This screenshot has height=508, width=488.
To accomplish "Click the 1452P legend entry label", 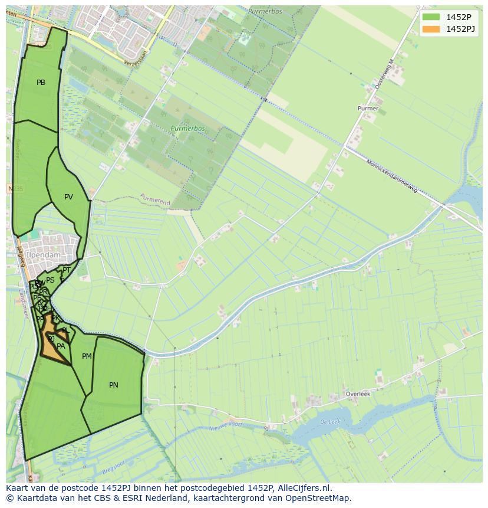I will [459, 17].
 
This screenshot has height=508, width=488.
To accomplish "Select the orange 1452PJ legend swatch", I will [431, 29].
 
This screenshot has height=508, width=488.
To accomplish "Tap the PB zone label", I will [41, 83].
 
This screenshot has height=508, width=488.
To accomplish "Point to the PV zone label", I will [68, 197].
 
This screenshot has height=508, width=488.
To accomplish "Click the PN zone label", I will [114, 385].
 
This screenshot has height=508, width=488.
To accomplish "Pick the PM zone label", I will [87, 356].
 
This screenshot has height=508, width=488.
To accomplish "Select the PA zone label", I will [61, 346].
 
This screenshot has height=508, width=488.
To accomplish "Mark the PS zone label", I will [50, 280].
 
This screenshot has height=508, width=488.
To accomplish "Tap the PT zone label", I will [67, 270].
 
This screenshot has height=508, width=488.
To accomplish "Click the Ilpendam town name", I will [44, 255].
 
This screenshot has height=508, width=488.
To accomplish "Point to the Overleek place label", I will [358, 394].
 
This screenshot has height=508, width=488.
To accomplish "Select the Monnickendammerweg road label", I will [392, 177].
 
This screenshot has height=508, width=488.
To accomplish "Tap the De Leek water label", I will [331, 422].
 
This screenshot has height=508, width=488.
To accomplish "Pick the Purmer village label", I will [368, 109].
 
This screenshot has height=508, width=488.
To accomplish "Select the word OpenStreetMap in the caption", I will [316, 498].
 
